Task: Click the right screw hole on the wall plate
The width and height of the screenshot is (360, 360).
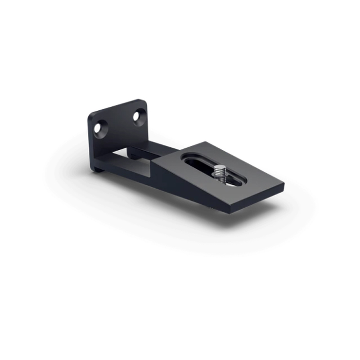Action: click(137, 117)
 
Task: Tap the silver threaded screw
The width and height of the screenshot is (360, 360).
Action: click(220, 174)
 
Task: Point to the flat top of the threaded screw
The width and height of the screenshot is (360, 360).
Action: click(220, 167)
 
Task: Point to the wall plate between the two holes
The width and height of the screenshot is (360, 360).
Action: click(118, 124)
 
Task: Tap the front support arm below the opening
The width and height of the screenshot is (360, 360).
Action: click(130, 173)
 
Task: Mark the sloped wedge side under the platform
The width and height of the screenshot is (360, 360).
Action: click(180, 184)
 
